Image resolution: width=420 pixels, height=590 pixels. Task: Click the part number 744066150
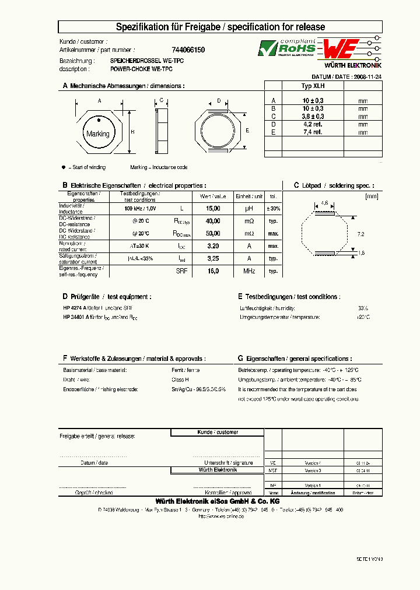click(x=188, y=50)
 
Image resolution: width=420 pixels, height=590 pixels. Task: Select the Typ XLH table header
click(x=313, y=85)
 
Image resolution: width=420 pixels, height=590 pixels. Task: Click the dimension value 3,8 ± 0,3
click(x=313, y=116)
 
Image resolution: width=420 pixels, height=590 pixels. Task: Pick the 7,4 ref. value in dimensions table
click(x=313, y=132)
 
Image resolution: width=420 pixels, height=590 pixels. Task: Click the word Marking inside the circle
click(x=97, y=134)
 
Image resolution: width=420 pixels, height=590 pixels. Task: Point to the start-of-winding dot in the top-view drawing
click(x=99, y=121)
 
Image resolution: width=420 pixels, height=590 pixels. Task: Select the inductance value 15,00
click(x=213, y=208)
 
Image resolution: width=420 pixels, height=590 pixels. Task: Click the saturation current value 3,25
click(x=213, y=258)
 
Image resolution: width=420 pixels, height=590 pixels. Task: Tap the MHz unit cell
click(x=249, y=271)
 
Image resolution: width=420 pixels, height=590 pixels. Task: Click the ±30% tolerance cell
click(x=273, y=208)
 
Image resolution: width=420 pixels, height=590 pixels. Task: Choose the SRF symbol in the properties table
click(x=182, y=271)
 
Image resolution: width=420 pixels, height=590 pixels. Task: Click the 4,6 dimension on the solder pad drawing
click(x=324, y=203)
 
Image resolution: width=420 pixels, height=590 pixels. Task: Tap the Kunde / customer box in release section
click(x=217, y=432)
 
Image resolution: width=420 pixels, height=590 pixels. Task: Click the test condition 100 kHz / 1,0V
click(x=140, y=208)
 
